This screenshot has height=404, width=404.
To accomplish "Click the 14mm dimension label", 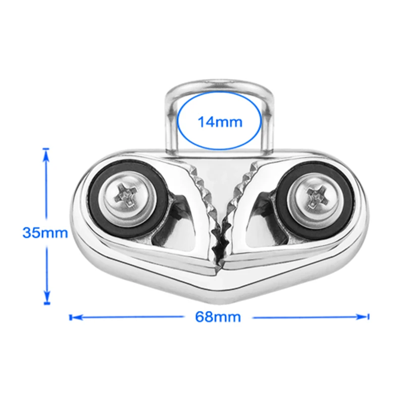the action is (220, 122).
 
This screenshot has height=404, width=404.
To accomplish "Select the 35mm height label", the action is (45, 233).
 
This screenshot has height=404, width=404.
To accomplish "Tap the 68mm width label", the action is (218, 317).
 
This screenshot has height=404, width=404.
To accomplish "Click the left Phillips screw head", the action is (128, 198).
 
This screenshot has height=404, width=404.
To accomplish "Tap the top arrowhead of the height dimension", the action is (46, 155).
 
